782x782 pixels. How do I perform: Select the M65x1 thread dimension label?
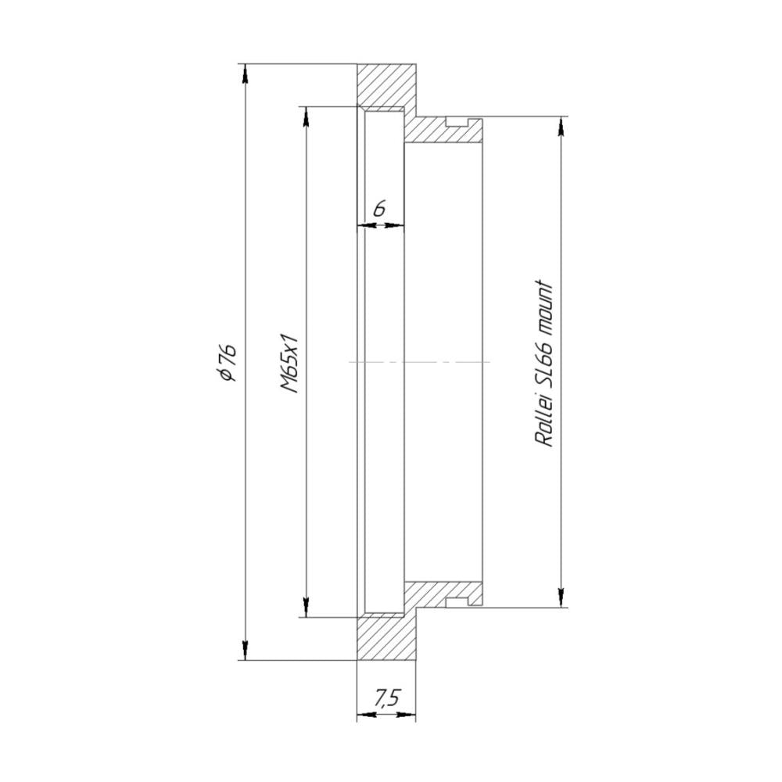[289, 363]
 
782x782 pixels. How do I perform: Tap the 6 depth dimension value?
[379, 209]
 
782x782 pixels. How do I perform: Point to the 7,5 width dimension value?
[387, 698]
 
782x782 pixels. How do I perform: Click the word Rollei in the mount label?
[544, 423]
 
